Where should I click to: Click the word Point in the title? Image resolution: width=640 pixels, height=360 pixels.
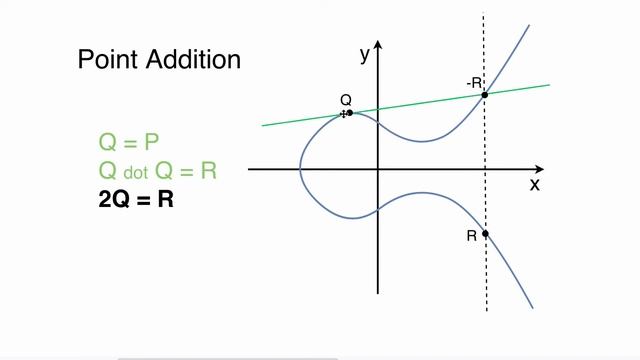[x=108, y=60]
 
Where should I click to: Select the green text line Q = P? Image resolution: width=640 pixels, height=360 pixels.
[x=130, y=142]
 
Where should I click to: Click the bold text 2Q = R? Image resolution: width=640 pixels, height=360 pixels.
[x=137, y=199]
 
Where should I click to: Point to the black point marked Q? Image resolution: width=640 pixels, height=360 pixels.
[x=349, y=113]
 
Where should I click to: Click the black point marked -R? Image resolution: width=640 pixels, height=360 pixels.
[x=485, y=95]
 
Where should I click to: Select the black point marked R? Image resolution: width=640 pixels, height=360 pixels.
[x=485, y=234]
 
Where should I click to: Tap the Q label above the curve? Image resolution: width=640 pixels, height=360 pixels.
[x=346, y=99]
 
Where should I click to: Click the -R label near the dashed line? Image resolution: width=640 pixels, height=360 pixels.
[x=473, y=82]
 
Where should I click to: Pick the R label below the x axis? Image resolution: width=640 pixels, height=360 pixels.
[x=471, y=236]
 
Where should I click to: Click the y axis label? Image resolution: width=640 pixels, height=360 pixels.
[x=365, y=55]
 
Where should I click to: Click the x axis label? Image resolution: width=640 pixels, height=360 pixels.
[x=535, y=185]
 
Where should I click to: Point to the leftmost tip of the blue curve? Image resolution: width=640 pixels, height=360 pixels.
[x=299, y=171]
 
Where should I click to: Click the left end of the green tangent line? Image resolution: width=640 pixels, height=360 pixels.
[x=263, y=125]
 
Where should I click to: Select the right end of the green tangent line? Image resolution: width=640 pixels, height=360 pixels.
[x=550, y=85]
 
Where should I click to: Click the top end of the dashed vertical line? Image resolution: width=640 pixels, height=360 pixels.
[x=485, y=12]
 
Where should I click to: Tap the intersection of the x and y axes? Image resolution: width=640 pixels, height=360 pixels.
[x=378, y=170]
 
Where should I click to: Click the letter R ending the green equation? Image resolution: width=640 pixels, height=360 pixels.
[x=208, y=171]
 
